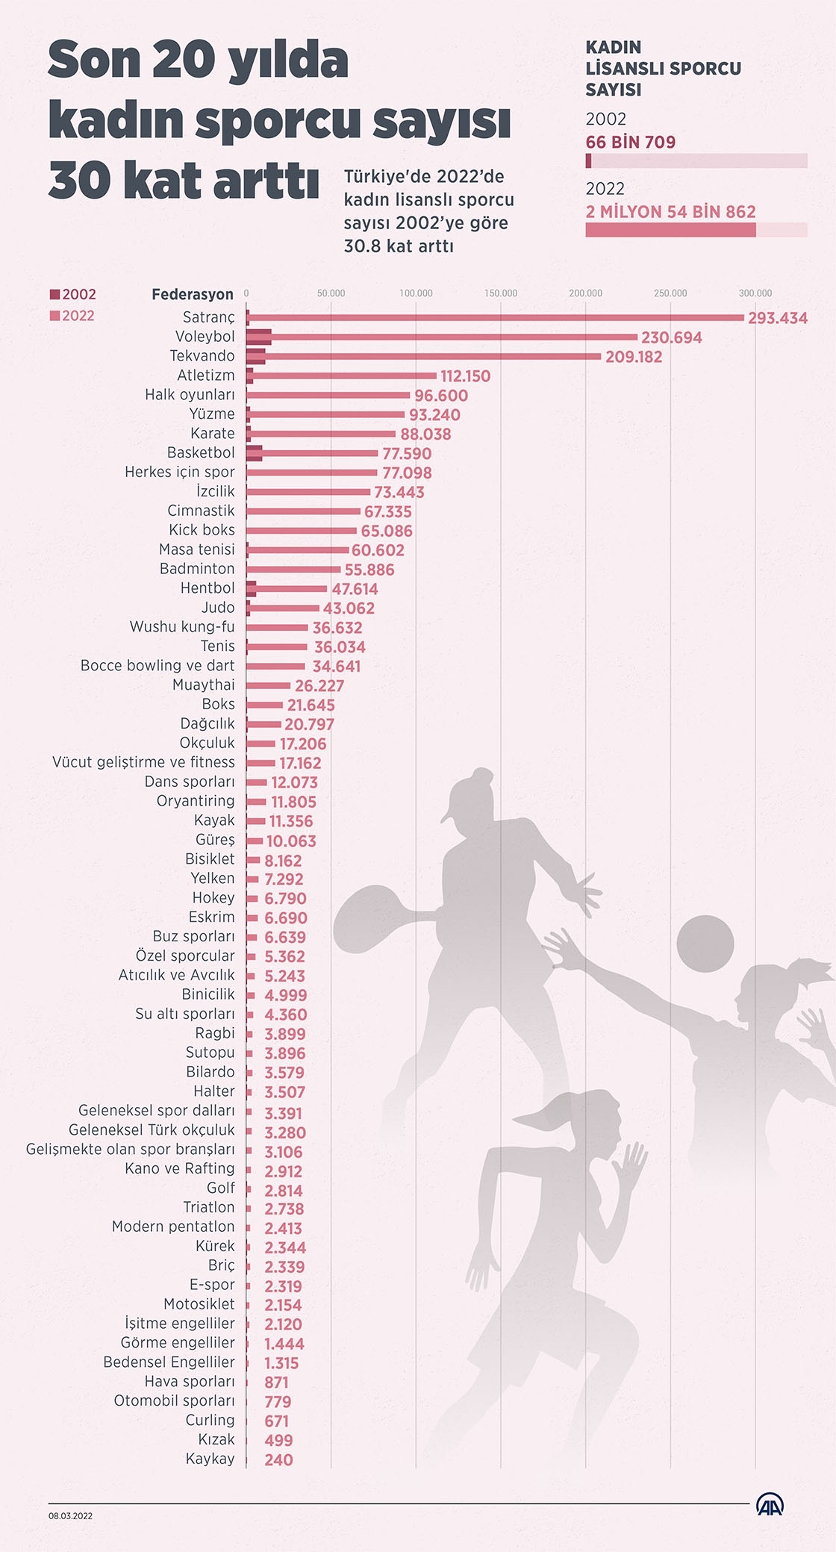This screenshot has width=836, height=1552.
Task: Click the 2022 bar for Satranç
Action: click(496, 318)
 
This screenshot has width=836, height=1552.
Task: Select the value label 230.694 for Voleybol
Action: click(671, 337)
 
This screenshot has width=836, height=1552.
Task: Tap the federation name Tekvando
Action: click(202, 356)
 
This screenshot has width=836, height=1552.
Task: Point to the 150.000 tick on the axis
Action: click(500, 293)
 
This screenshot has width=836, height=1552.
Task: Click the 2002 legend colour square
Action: click(54, 294)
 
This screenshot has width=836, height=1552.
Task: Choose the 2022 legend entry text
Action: click(78, 316)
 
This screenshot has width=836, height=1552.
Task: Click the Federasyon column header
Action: click(192, 294)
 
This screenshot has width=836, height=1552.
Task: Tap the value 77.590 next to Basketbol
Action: click(406, 454)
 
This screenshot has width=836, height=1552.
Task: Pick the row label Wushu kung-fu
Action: click(181, 626)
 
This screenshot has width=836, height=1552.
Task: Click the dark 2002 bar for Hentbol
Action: click(251, 588)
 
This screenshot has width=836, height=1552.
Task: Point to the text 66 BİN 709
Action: click(630, 143)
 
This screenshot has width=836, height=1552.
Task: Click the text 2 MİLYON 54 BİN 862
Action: click(670, 212)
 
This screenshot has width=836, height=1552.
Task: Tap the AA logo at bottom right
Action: click(770, 1504)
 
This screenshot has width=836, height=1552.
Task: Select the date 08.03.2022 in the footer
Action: click(71, 1515)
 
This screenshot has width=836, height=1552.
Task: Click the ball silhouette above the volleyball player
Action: click(705, 944)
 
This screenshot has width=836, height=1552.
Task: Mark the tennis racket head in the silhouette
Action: click(369, 923)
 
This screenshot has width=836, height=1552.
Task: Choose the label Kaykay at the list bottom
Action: click(210, 1459)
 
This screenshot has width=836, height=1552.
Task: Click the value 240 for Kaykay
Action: click(278, 1460)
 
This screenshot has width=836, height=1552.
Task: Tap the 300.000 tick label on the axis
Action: click(755, 293)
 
